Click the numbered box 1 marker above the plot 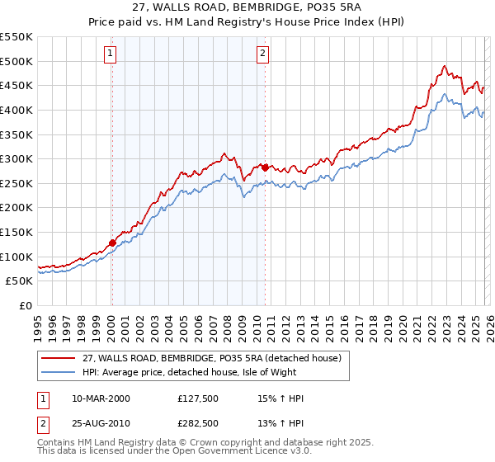coord(111,54)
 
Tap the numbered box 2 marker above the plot coord(263,54)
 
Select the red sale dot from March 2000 coord(112,243)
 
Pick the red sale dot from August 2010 coord(265,167)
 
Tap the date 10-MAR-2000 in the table coord(101,399)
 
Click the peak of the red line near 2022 coord(444,66)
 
